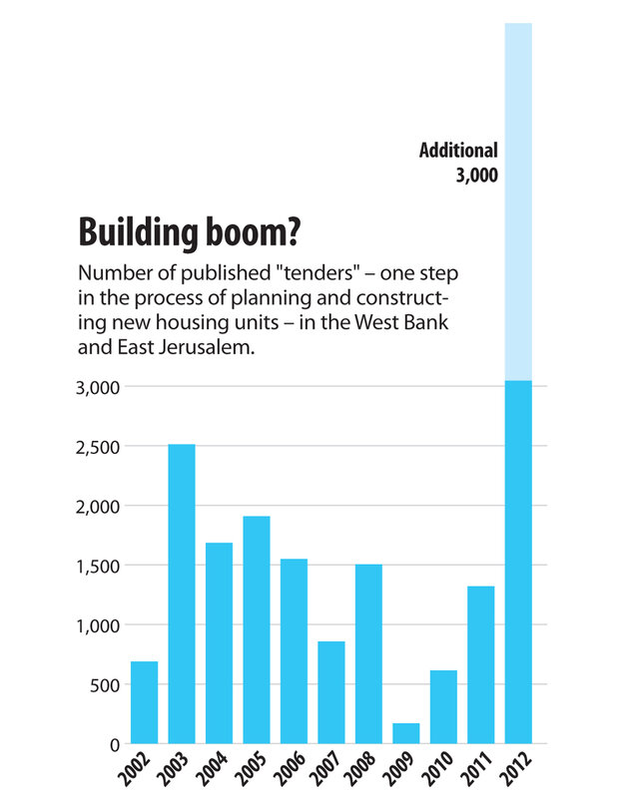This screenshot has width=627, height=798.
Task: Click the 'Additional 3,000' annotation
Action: [458, 162]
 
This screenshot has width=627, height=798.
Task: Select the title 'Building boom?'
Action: [190, 232]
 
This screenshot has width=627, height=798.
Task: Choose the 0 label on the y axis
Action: [114, 745]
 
